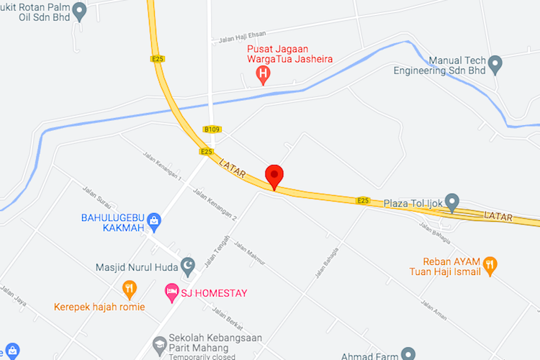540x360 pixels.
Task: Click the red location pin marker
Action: tap(274, 176)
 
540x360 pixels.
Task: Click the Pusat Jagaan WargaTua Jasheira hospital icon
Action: tap(264, 73)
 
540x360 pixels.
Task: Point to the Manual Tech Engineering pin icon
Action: tap(495, 65)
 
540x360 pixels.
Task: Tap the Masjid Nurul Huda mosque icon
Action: tap(187, 266)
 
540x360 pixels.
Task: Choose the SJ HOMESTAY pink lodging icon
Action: tap(171, 292)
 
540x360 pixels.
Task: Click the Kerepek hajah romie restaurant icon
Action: tap(130, 289)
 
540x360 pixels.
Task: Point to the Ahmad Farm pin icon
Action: tap(408, 354)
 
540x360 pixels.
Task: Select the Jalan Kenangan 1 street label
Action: tap(162, 166)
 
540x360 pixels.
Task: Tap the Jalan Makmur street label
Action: tap(250, 254)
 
